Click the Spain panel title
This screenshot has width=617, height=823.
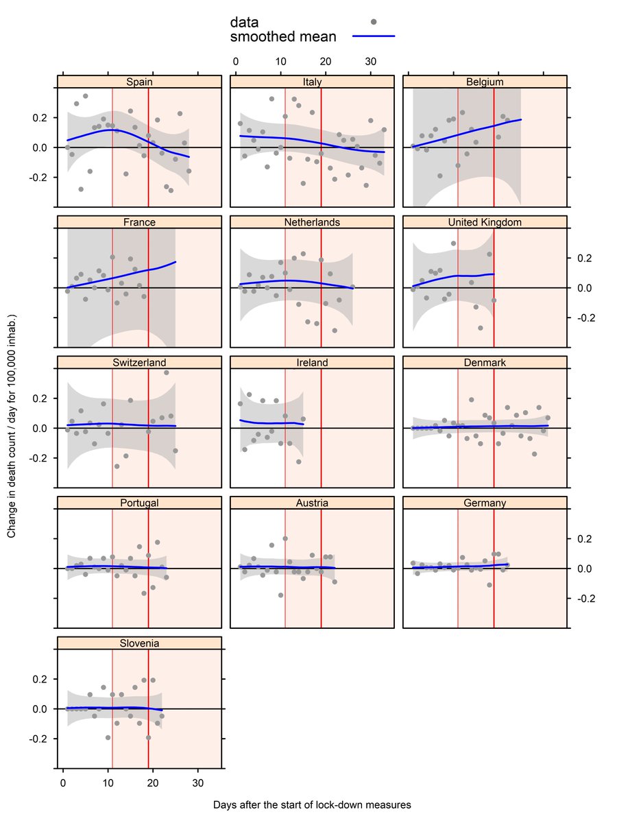[140, 82]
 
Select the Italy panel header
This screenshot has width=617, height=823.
[312, 82]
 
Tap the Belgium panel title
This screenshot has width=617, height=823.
[485, 82]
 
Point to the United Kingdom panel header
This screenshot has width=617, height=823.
[485, 223]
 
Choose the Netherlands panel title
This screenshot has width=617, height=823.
[312, 223]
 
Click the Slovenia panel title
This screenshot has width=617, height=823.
[140, 643]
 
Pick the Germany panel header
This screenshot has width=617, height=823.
[485, 503]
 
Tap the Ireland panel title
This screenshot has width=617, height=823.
[312, 363]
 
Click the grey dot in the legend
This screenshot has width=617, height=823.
[374, 23]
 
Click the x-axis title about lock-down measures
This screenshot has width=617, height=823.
[312, 804]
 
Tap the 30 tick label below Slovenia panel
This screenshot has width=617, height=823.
[198, 783]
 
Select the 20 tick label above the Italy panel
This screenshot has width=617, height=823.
[326, 62]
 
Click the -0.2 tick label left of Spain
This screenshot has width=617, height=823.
[40, 177]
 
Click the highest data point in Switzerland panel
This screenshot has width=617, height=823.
[166, 372]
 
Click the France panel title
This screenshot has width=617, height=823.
[140, 223]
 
